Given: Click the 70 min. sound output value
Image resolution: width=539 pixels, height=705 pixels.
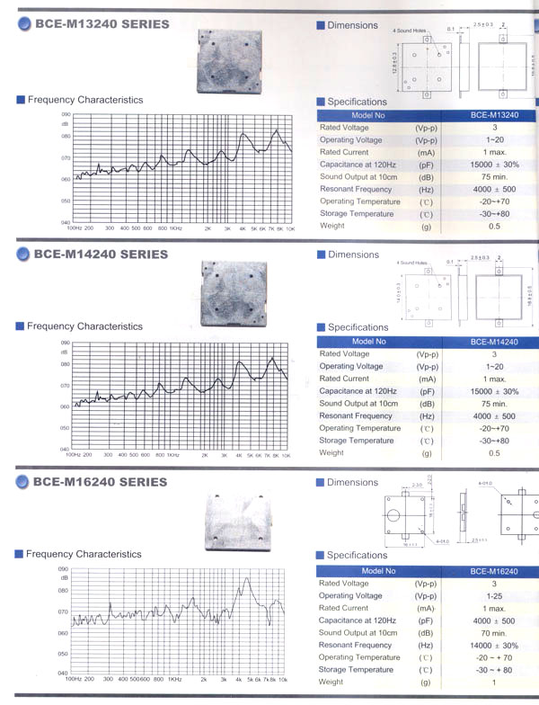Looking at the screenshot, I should point(493,633).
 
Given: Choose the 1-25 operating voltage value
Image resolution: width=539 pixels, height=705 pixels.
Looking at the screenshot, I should point(493,596).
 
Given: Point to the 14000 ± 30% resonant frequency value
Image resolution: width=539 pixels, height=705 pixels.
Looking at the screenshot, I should point(493,646).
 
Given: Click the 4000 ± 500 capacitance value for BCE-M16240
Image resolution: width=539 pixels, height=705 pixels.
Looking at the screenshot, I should point(493,620).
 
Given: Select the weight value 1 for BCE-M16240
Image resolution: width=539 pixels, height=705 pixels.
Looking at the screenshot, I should point(493,683).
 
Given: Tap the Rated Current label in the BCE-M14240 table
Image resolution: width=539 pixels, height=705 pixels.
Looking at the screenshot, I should point(344,379).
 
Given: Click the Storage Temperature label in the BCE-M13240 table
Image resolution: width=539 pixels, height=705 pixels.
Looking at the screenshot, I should point(357,214).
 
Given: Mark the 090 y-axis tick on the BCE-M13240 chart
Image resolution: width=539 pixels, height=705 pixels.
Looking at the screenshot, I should point(66,115).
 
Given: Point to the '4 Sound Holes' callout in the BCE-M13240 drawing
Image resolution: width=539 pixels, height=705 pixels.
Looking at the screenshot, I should point(407,31).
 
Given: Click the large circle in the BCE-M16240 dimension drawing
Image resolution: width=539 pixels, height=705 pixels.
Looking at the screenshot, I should point(393,516).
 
